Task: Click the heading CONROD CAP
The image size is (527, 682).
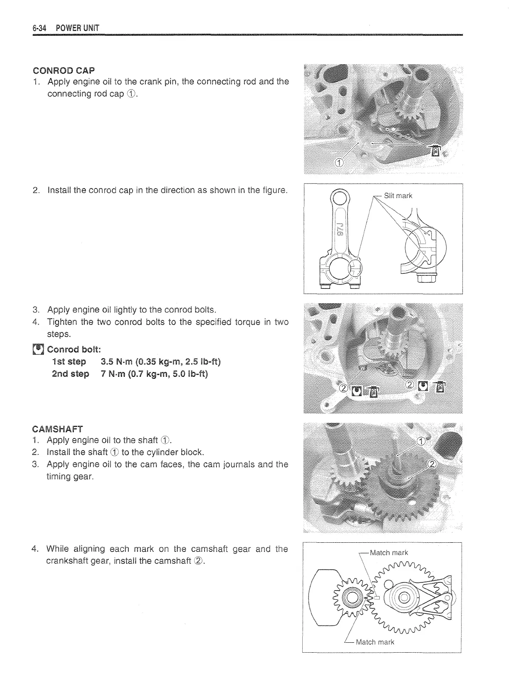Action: point(64,70)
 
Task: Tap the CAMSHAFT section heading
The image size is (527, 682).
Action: point(57,429)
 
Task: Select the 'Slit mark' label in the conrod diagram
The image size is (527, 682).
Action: point(398,196)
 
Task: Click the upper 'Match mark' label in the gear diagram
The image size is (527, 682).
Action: point(388,553)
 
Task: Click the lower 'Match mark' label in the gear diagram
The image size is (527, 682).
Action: point(375,642)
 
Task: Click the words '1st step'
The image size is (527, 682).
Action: point(69,362)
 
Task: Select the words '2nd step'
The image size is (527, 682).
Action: point(70,374)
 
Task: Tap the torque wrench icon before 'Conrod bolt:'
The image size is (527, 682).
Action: point(39,349)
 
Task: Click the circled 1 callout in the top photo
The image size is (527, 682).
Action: point(339,162)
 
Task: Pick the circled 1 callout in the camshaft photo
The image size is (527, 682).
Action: point(422,441)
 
